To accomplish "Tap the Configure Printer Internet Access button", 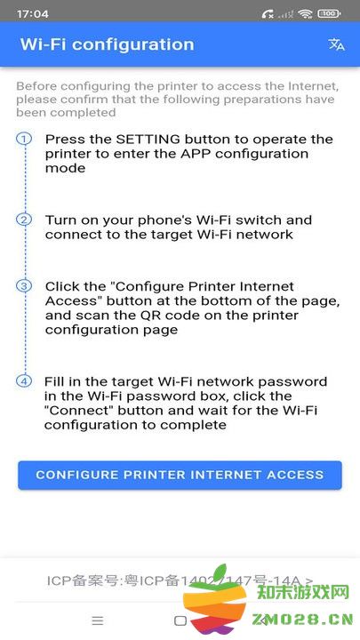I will tap(180, 475).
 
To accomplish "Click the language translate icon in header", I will tap(336, 44).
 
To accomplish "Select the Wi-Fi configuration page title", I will tap(107, 44).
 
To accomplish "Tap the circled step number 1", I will tap(24, 139).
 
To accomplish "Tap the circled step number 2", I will tap(24, 220).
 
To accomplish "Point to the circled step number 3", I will tap(24, 286).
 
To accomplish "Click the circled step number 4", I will tap(24, 381).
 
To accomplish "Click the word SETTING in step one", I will tap(148, 140).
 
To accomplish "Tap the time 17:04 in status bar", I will tap(32, 13).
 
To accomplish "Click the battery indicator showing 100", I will tap(330, 13).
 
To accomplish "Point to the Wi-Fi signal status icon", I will tap(306, 13).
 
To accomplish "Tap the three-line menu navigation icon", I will tap(98, 620).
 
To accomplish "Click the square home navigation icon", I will tap(180, 620).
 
